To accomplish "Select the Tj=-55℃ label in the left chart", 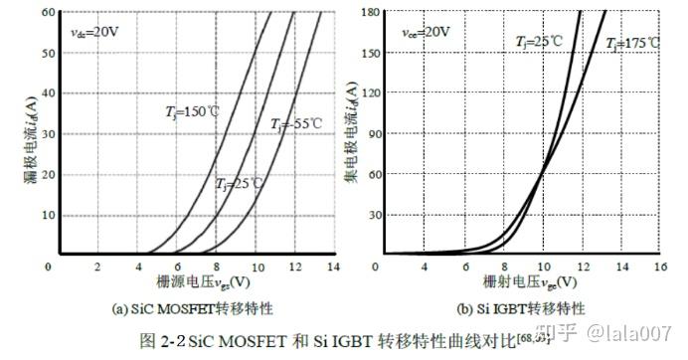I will pyautogui.click(x=296, y=124).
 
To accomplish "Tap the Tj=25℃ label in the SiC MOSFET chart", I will pyautogui.click(x=240, y=185).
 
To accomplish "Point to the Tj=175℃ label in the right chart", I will pyautogui.click(x=633, y=43).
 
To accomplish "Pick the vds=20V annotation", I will pyautogui.click(x=94, y=33).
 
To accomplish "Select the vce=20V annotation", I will pyautogui.click(x=426, y=32).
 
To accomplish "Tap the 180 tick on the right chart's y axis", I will pyautogui.click(x=370, y=13).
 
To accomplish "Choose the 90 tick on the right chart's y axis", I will pyautogui.click(x=374, y=133).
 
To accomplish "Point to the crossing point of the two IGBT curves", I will pyautogui.click(x=543, y=174).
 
